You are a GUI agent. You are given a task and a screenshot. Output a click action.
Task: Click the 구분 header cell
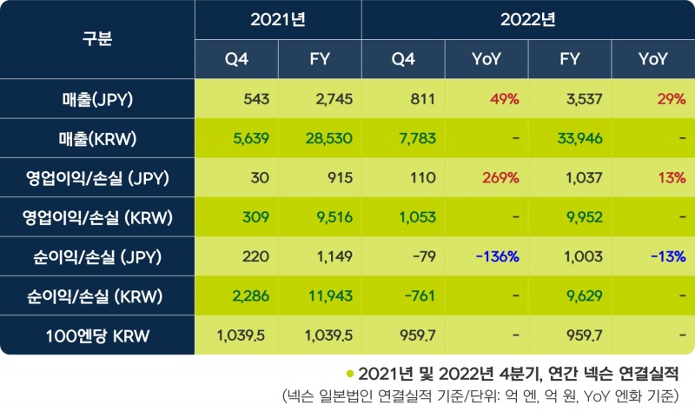point(97,39)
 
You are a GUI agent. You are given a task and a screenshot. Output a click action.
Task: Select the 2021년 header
point(278,19)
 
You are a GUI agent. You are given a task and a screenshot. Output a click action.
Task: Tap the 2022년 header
point(528,19)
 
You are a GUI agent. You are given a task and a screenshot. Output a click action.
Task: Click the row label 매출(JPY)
point(97,99)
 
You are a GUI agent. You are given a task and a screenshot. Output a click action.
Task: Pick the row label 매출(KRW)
point(97,138)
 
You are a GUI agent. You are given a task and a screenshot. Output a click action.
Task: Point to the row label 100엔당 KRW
point(97,335)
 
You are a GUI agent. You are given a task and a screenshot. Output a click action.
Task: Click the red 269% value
point(500,177)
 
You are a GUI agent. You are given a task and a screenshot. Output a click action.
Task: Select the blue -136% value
point(497,256)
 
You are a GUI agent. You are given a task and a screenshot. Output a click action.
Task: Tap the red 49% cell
point(504,99)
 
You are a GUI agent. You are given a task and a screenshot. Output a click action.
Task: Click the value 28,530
point(329,138)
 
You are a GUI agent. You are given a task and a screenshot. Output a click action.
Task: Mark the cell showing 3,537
point(583,99)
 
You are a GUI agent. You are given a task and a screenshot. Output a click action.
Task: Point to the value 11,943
point(330,295)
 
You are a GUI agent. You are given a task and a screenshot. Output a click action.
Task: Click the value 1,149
point(334,256)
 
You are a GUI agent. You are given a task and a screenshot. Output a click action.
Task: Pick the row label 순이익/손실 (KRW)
point(97,295)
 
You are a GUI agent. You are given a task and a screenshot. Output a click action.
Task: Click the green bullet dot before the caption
point(349,375)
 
